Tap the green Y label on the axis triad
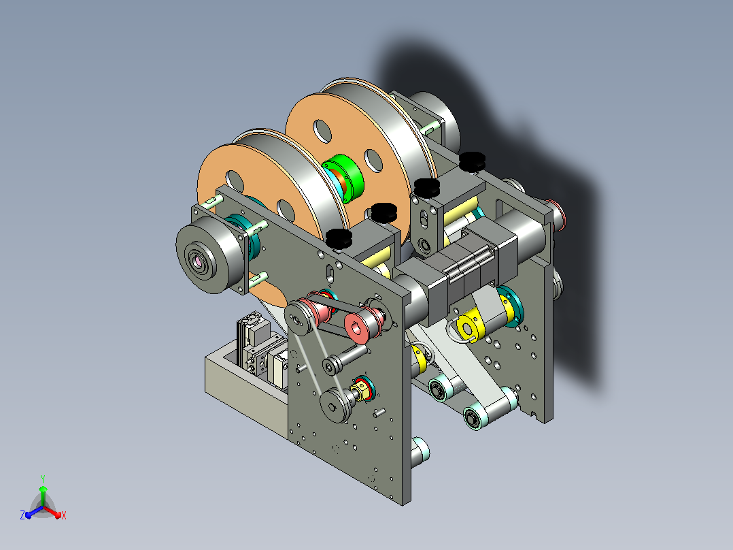[x=43, y=479]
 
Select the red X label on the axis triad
[x=64, y=515]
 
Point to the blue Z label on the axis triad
[x=22, y=515]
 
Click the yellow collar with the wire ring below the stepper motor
[x=468, y=327]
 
